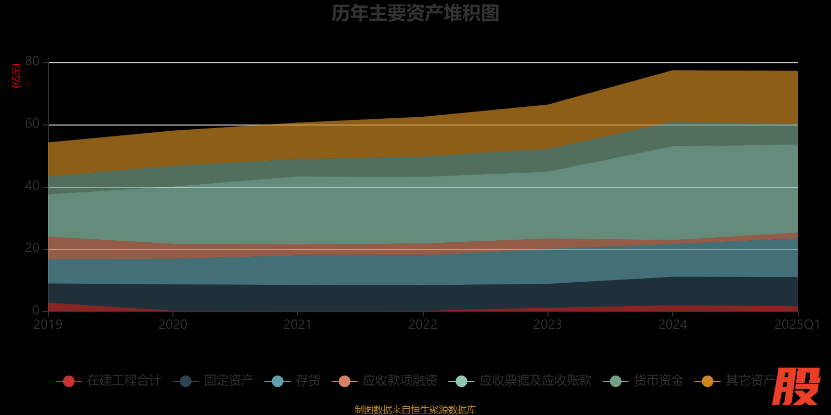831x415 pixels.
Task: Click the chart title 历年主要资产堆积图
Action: point(415,13)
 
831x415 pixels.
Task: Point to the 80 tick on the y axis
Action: point(32,62)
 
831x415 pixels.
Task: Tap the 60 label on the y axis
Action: point(32,124)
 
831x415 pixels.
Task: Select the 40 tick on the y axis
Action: point(32,186)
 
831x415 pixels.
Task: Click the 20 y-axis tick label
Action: point(32,248)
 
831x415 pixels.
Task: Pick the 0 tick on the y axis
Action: point(36,310)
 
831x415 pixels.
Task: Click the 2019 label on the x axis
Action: point(48,325)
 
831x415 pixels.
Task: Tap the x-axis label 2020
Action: point(173,325)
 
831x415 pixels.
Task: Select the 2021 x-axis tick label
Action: point(298,325)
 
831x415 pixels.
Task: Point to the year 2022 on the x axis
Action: point(423,325)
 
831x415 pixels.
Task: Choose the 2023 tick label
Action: point(547,325)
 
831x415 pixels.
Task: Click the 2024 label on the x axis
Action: point(673,325)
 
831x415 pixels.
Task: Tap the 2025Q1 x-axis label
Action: point(797,325)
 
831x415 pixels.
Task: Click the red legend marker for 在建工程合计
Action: point(69,381)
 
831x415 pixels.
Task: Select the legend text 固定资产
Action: point(229,381)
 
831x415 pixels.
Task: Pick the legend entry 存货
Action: point(308,381)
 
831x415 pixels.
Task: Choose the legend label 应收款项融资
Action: point(400,381)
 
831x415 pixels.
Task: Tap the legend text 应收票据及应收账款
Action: point(535,381)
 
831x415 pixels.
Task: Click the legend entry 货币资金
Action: point(659,381)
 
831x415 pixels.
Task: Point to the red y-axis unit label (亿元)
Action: point(17,76)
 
